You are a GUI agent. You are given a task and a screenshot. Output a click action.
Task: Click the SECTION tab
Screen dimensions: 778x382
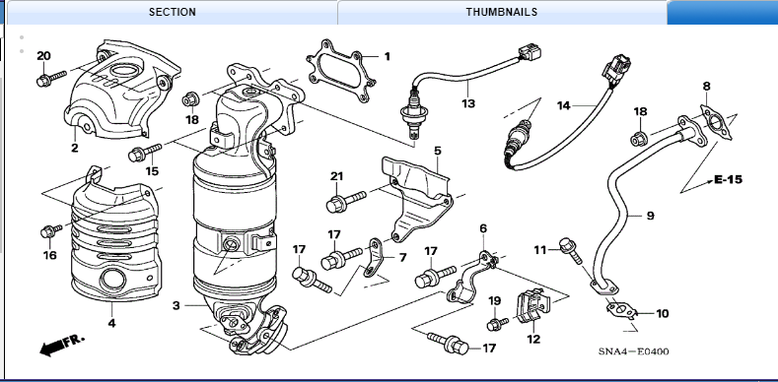coord(173,12)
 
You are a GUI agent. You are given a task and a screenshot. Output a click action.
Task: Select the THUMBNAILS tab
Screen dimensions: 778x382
coord(502,12)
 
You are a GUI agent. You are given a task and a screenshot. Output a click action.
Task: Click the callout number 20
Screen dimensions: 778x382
coord(43,56)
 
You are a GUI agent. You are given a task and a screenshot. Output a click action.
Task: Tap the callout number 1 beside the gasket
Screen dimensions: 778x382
coord(387,56)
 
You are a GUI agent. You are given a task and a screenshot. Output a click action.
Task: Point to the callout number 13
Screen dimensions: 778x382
coord(468,103)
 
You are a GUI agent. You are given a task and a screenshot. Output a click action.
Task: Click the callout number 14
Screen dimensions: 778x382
coord(564,105)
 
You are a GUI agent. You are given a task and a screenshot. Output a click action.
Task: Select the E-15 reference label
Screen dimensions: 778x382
coord(728,179)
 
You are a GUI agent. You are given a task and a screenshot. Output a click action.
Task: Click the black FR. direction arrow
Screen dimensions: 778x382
coord(61,345)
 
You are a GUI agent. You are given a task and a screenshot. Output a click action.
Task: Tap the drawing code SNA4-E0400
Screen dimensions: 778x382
coord(633,351)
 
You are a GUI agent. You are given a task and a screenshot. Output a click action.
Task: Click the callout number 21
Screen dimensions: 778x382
coord(337,176)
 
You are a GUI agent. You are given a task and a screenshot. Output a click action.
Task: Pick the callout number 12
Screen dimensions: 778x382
coord(533,340)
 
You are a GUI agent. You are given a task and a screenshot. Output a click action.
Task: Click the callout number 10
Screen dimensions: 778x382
coord(662,314)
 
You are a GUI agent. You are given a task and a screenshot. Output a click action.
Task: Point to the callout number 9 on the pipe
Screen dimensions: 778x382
coord(650,216)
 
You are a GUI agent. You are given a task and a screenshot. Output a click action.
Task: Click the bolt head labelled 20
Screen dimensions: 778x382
coord(44,80)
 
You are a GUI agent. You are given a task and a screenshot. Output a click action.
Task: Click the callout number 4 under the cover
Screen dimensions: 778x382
coord(111,324)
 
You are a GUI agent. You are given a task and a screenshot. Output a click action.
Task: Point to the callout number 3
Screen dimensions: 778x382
coord(177,306)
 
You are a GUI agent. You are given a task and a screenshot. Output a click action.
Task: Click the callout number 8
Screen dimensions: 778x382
coord(706,87)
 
